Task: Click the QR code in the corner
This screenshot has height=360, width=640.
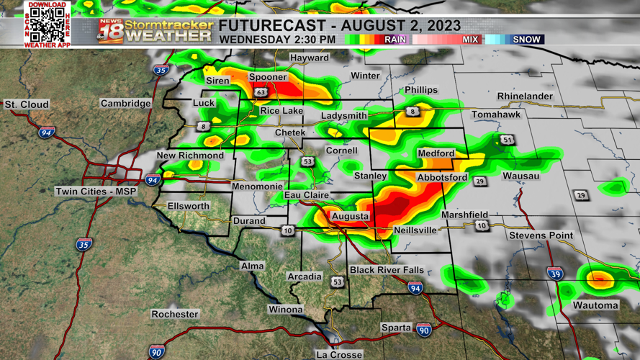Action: [48, 24]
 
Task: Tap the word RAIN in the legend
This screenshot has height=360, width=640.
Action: [395, 40]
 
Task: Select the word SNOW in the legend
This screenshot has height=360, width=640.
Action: [526, 40]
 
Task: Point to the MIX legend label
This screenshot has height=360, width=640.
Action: [470, 40]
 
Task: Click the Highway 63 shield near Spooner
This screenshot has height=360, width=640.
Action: [261, 92]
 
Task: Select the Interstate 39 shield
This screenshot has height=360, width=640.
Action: [554, 274]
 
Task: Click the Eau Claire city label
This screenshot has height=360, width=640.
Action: [306, 195]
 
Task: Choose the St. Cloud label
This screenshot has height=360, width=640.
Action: [27, 104]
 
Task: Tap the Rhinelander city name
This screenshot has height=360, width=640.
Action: [525, 96]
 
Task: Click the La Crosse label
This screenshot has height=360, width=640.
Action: [339, 354]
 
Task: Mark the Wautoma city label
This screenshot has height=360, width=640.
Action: [595, 305]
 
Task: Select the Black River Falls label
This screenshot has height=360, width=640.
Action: [387, 269]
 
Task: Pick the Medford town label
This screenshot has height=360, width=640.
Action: [436, 153]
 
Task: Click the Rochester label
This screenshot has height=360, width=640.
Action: [175, 314]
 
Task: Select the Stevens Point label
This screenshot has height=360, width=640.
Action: [541, 235]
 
